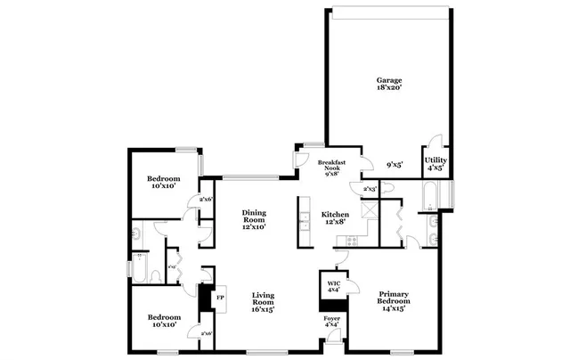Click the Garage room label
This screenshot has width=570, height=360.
388,85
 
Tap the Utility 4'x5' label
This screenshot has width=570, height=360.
436,163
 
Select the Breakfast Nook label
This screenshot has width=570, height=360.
331,167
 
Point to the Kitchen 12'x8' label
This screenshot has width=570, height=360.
335,218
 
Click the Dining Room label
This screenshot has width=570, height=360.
255,219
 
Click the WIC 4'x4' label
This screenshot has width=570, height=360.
333,286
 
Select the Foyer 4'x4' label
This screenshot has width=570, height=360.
331,321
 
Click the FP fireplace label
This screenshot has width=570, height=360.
220,298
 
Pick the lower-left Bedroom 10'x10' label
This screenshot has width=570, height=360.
164,321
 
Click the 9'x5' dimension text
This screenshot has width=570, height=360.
395,165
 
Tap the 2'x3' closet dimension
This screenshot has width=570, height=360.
369,189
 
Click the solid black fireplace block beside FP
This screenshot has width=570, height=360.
205,298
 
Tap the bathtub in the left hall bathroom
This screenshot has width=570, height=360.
141,266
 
